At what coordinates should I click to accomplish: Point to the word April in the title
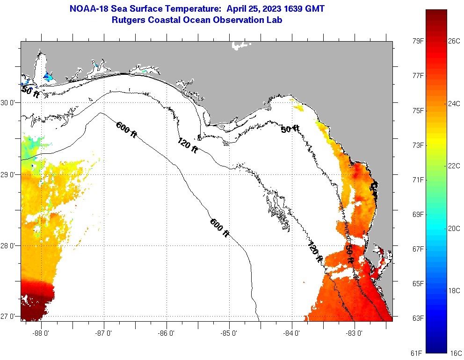coord(238,9)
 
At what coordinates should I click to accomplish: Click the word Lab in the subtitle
coord(275,20)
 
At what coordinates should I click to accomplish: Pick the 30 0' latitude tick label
coord(9,102)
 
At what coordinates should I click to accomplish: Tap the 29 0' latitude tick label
coord(9,175)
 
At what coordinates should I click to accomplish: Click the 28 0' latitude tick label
coord(9,246)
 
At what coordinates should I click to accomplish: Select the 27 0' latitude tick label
coord(9,317)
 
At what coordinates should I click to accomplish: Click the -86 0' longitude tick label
coord(167,333)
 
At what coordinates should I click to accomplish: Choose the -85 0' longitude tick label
coord(229,333)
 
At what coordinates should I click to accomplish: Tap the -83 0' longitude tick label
coord(355,333)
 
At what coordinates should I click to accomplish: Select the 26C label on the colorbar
coord(454,41)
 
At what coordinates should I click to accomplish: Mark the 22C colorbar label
coord(454,166)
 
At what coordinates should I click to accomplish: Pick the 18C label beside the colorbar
coord(454,290)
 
